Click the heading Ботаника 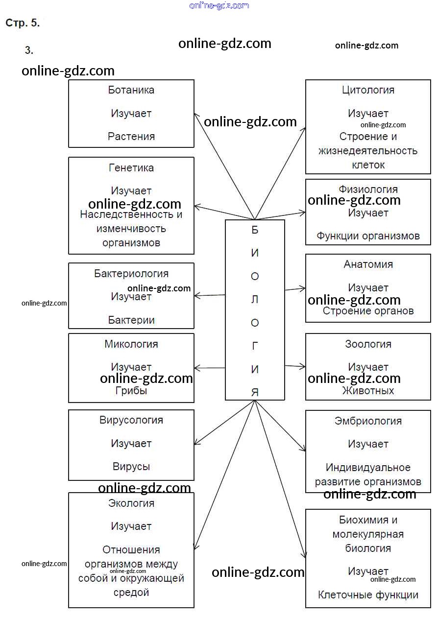tap(131, 90)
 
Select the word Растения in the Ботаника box tap(131, 137)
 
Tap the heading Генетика tap(131, 168)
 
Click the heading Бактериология tap(131, 274)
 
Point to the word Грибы tap(131, 391)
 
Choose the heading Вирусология tap(131, 420)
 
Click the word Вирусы tap(131, 467)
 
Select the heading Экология tap(131, 503)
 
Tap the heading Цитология tap(368, 90)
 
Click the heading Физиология tap(368, 189)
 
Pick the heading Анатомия tap(368, 264)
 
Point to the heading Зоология tap(368, 344)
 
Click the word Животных tap(368, 391)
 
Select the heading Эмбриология tap(368, 421)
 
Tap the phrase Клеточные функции tap(368, 595)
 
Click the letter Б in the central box tap(255, 230)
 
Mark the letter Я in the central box tap(255, 392)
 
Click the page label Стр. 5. tap(23, 23)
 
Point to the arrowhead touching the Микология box tap(197, 368)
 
